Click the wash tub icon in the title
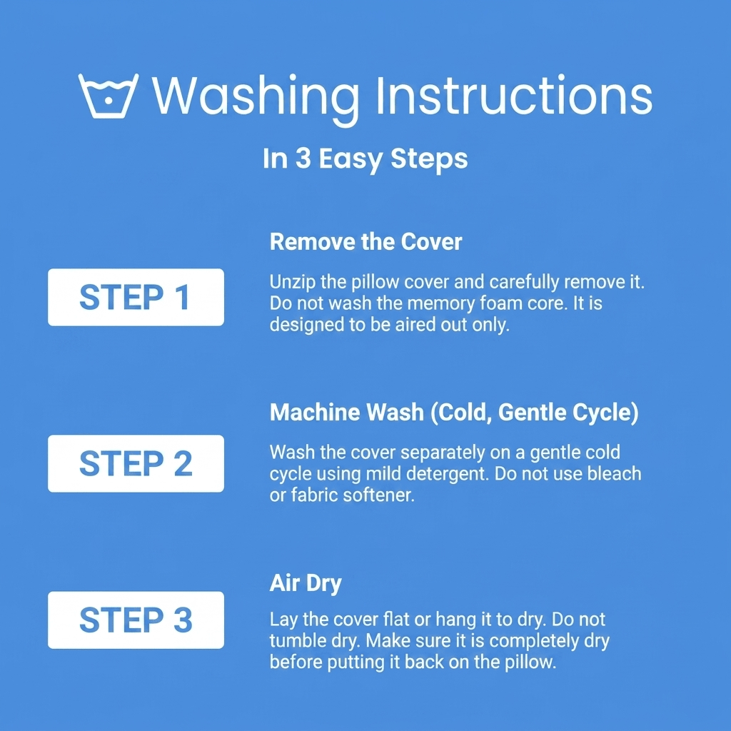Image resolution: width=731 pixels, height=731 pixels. point(109,96)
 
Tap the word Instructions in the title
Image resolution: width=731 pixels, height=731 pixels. point(514,95)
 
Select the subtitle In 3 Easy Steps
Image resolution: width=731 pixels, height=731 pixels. point(365,159)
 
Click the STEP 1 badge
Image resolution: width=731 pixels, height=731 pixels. point(136,298)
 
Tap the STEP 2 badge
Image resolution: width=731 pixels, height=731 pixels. point(136,463)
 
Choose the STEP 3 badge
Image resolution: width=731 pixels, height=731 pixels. point(136,620)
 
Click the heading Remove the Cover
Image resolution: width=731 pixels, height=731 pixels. point(365,242)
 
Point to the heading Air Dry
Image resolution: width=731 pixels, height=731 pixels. point(306,584)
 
